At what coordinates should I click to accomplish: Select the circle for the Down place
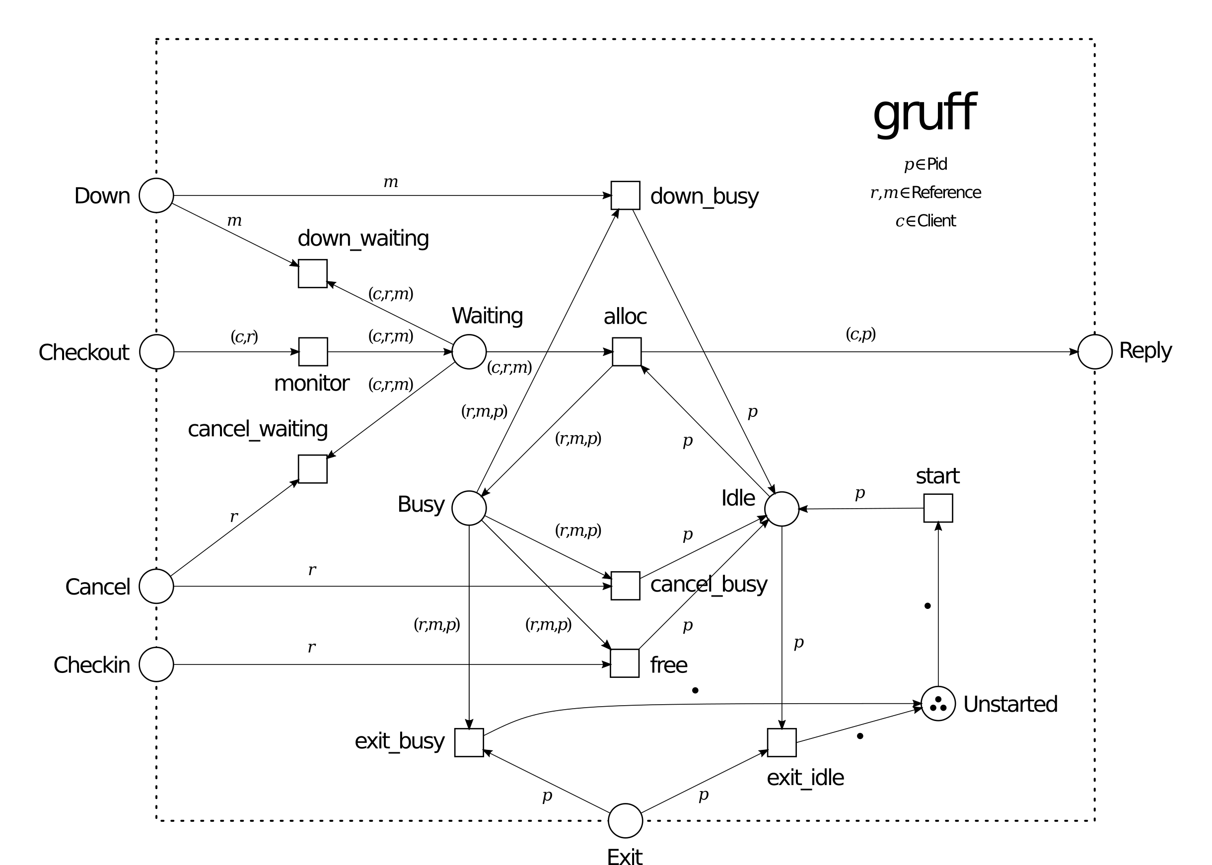[156, 196]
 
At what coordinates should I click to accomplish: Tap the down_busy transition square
[625, 196]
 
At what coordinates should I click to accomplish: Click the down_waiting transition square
[313, 274]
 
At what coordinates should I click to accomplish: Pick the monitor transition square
[313, 351]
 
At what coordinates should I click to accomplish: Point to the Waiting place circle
[469, 351]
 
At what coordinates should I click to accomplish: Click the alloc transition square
[627, 351]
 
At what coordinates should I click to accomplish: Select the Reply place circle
[1095, 351]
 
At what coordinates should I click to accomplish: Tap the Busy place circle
[469, 508]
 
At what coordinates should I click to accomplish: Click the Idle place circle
[782, 509]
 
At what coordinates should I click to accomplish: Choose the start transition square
[938, 508]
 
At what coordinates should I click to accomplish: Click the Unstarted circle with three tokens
[938, 704]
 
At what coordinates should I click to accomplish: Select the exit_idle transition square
[782, 742]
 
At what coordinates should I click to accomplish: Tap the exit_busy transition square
[469, 742]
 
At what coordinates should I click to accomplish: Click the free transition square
[625, 663]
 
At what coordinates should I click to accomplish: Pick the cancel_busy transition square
[625, 586]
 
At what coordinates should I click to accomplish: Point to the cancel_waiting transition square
[313, 468]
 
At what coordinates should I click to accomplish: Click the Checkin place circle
[156, 664]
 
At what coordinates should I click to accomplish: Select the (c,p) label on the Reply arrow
[860, 334]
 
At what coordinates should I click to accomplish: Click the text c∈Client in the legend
[926, 220]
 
